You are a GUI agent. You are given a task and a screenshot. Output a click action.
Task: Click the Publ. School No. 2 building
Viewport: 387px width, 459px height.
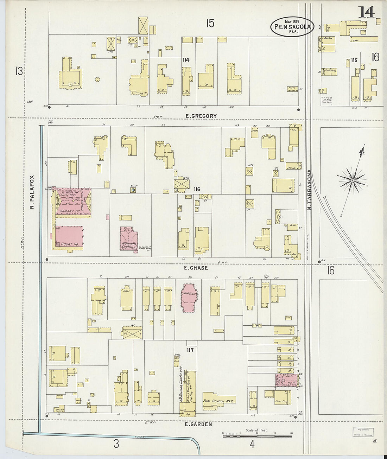tap(218, 401)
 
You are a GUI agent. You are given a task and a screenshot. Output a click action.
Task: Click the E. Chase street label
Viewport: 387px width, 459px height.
tap(196, 268)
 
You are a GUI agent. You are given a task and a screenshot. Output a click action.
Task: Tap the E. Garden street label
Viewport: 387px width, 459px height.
tap(198, 424)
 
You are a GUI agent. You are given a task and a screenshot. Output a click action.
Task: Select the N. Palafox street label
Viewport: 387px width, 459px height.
tap(32, 192)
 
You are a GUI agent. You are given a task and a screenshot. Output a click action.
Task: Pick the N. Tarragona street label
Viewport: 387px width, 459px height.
tap(310, 190)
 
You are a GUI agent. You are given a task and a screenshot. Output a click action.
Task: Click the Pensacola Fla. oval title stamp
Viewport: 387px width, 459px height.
tap(292, 26)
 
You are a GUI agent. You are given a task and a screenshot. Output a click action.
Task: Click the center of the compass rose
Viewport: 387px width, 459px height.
tap(352, 180)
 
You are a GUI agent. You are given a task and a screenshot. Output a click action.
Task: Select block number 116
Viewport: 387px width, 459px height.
tap(197, 189)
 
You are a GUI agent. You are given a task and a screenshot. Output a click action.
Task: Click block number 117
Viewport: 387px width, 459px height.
tap(190, 350)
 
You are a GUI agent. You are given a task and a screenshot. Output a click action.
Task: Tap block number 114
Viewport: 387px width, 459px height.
tap(186, 60)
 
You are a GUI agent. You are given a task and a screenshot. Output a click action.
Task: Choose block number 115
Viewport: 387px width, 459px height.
tap(354, 60)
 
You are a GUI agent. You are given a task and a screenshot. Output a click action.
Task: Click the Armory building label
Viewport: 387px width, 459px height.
tap(67, 211)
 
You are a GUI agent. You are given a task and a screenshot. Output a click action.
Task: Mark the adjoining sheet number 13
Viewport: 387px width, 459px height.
tap(19, 71)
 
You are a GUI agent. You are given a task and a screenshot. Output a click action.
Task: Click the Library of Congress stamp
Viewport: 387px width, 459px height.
tap(362, 432)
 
